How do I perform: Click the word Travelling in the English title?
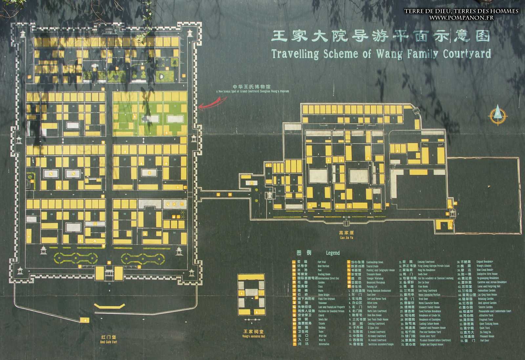295,54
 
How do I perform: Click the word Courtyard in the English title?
467,54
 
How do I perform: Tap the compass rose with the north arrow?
498,115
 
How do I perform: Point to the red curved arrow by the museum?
210,104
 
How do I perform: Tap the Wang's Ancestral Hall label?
253,334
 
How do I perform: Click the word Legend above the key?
333,253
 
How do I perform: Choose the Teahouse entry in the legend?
322,303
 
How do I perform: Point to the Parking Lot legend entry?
372,287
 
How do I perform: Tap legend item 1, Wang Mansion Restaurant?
379,291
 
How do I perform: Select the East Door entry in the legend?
371,295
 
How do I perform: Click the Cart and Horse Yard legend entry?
376,299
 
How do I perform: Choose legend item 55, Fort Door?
485,340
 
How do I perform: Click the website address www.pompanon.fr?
461,17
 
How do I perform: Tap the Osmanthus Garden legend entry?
487,290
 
